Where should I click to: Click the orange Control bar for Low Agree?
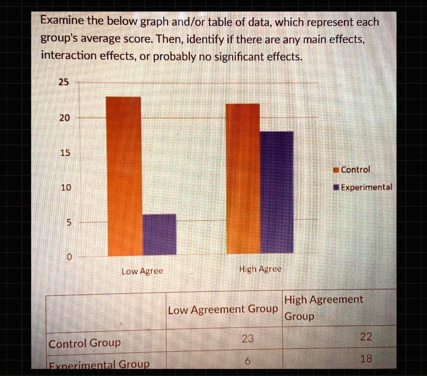click(123, 176)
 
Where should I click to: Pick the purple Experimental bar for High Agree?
click(276, 192)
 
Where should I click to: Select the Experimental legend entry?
click(362, 187)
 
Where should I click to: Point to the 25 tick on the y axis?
click(63, 83)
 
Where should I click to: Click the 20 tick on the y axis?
click(64, 118)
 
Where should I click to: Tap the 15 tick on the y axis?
click(64, 153)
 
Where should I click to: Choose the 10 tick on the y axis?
click(64, 188)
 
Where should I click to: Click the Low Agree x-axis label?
click(142, 271)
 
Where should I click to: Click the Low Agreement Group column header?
click(223, 310)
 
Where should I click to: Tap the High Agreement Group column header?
click(323, 308)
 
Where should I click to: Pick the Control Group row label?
click(85, 343)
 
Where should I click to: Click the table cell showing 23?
click(248, 339)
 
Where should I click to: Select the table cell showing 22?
click(366, 337)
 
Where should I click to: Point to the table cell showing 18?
click(366, 359)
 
